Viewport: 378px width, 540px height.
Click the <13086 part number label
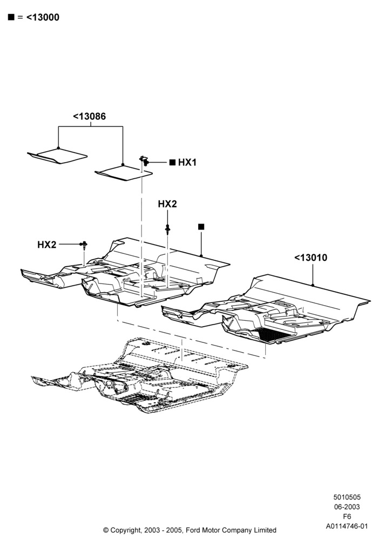pos(89,117)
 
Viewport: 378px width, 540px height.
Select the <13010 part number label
pos(311,258)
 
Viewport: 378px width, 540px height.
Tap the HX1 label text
pos(187,163)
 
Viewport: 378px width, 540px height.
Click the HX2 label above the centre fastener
pos(167,204)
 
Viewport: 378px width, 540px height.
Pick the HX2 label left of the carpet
pos(47,245)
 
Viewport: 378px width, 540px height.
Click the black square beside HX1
pos(172,163)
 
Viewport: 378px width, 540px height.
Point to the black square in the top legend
pos(11,17)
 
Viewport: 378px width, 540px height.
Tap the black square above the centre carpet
pos(201,227)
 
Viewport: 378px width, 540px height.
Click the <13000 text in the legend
pos(43,17)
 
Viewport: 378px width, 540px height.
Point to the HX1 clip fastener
pos(144,160)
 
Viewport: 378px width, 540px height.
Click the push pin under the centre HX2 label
pos(167,230)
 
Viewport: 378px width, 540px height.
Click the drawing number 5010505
pos(347,497)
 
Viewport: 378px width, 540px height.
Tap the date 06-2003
pos(347,507)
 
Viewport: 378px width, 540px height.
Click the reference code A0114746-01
pos(347,526)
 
